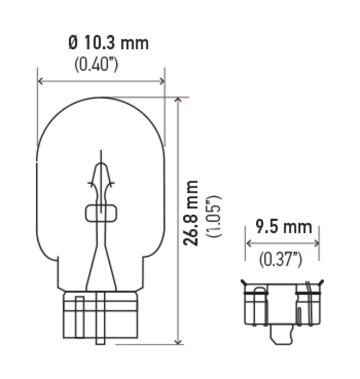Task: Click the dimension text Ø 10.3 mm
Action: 109,43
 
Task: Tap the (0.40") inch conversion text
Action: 96,65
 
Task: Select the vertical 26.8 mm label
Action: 191,213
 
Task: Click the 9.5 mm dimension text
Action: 284,227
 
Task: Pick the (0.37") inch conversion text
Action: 281,259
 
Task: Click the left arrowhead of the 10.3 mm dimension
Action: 40,81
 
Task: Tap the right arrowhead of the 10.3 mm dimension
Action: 162,81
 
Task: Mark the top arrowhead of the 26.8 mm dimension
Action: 178,100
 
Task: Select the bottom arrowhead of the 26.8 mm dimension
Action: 178,342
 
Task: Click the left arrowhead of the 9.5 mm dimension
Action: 248,243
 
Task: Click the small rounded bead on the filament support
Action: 100,213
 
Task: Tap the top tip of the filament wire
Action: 101,153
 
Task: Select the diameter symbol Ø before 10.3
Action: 73,43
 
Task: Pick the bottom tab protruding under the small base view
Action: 280,336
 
